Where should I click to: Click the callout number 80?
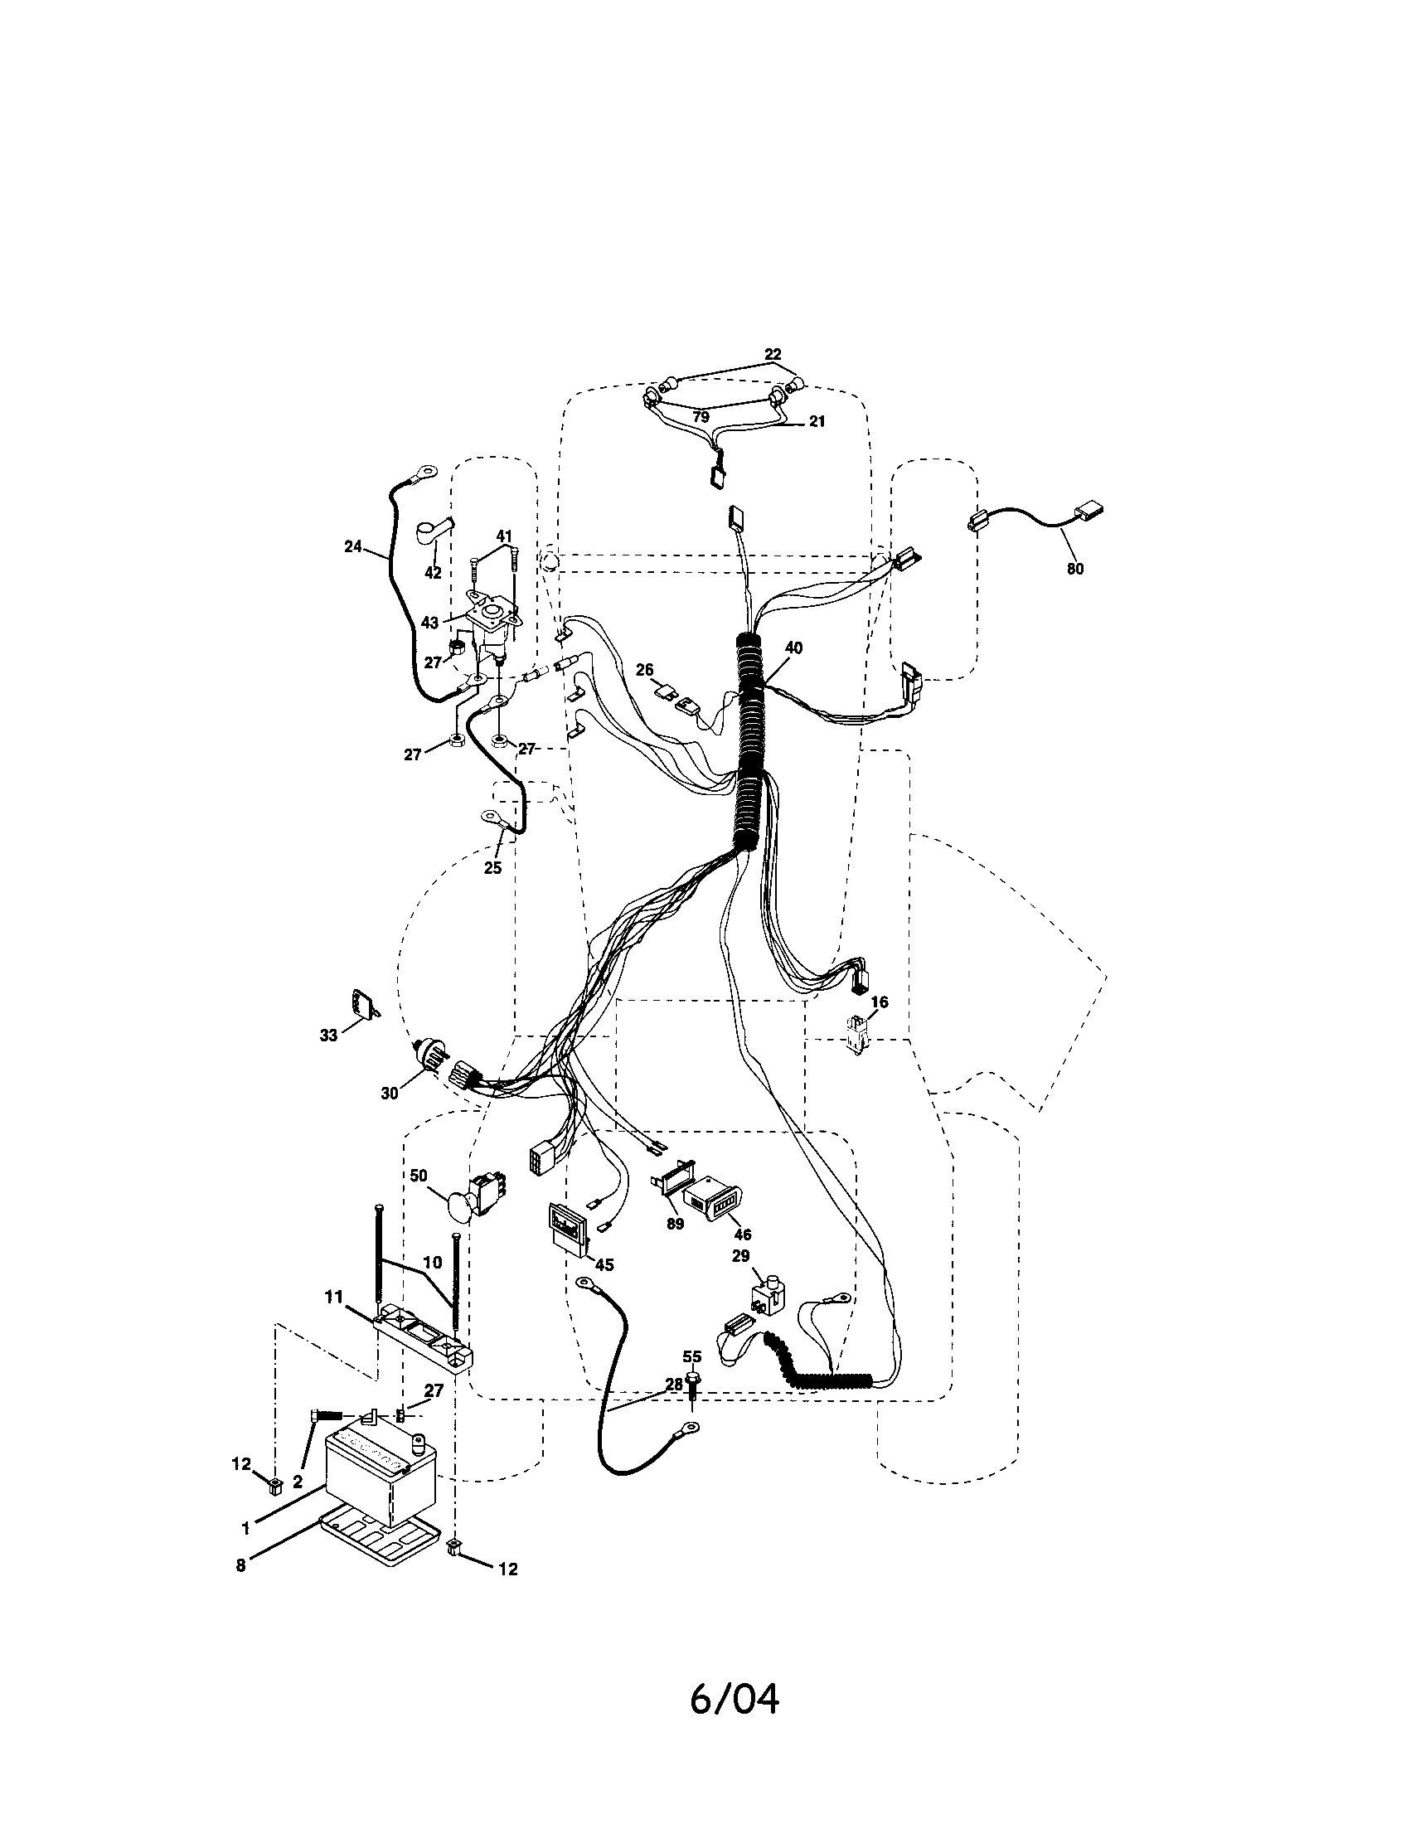click(x=1074, y=569)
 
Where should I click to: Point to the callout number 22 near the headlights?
click(x=773, y=353)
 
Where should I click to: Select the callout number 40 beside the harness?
click(x=793, y=648)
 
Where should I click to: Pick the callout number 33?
click(x=328, y=1036)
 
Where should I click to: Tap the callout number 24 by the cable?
click(x=353, y=546)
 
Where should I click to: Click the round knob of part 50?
click(x=458, y=1207)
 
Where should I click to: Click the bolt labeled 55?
click(x=692, y=1379)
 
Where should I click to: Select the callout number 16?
click(x=880, y=1002)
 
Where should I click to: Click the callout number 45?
click(x=604, y=1264)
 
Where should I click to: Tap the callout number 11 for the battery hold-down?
click(x=333, y=1296)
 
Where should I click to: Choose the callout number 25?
click(x=492, y=868)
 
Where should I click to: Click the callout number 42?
click(x=433, y=573)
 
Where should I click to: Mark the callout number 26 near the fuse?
click(x=645, y=670)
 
